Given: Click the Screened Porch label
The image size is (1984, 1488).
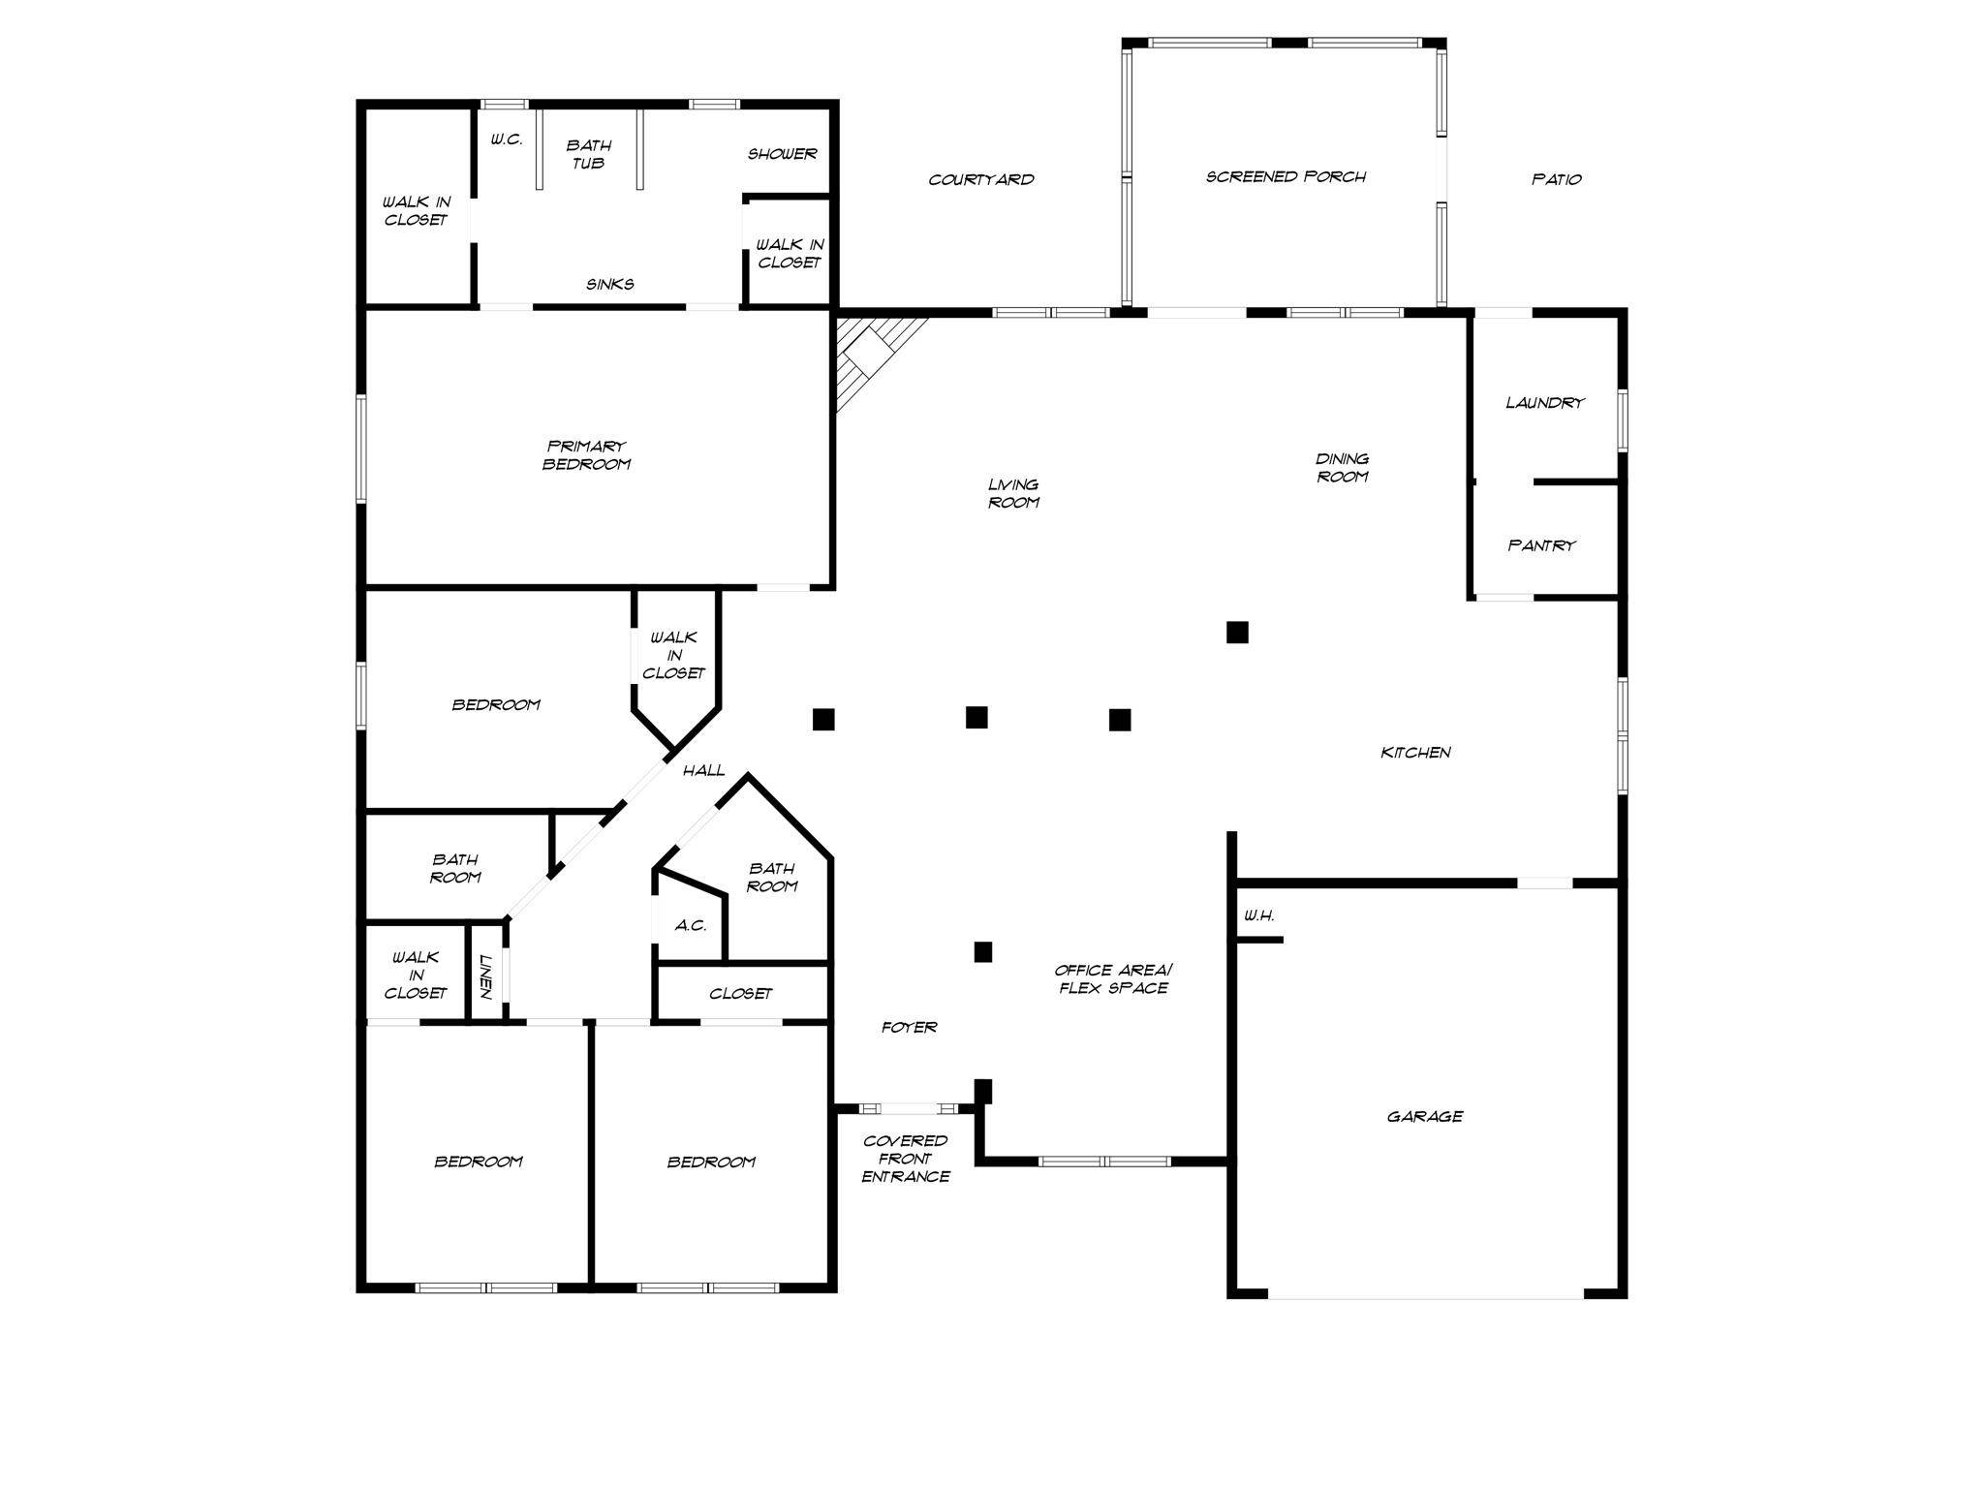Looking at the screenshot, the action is [1286, 176].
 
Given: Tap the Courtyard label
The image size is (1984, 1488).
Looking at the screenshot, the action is [981, 179].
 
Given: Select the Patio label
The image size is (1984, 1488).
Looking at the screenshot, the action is [1557, 179].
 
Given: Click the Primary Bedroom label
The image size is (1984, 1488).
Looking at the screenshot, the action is [587, 455].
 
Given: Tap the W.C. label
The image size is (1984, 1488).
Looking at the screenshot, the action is [506, 139].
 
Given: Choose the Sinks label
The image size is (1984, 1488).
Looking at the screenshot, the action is [610, 284].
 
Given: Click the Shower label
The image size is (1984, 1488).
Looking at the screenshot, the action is [782, 154].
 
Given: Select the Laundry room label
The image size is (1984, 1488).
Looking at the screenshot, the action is [1545, 403].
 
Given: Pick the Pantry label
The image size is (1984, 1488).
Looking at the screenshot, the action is [1541, 545].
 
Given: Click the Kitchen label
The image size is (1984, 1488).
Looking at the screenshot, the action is [1415, 753].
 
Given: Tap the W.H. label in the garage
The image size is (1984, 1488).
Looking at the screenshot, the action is [1258, 915].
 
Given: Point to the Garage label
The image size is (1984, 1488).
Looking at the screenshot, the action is [1424, 1117].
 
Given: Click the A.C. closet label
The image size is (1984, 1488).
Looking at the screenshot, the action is [690, 926].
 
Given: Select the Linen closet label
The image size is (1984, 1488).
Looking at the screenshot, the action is [486, 977].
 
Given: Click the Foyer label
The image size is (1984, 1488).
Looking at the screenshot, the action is [909, 1028].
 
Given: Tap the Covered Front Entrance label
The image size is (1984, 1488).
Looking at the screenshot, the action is [906, 1159].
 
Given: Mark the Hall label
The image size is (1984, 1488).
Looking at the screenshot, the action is [703, 771].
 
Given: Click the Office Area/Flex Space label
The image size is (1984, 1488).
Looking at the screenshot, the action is [1113, 979].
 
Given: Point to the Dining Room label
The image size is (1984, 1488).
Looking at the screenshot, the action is [1342, 468].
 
